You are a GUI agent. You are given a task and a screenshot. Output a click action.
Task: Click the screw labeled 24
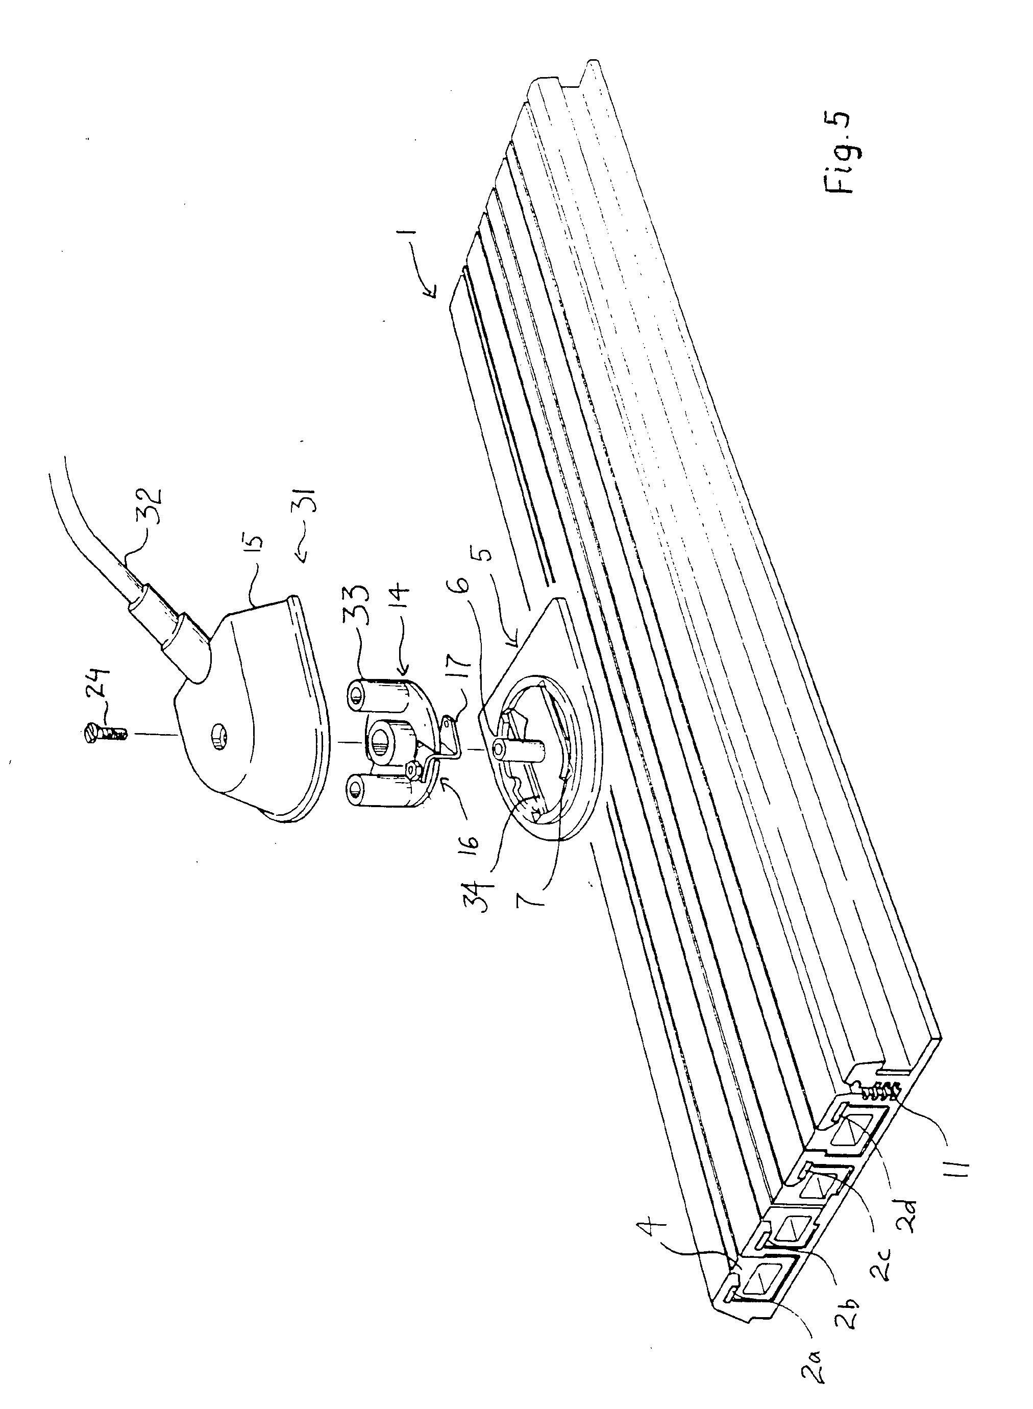click(103, 729)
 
